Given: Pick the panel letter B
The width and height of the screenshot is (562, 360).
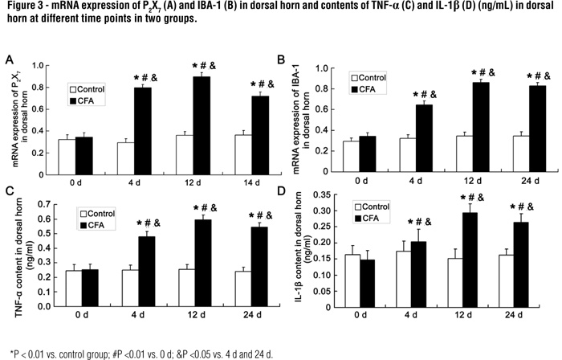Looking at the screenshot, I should tap(281, 60).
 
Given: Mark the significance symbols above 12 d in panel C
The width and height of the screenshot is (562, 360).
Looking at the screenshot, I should tap(187, 207).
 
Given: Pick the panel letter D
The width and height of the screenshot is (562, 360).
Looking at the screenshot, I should tap(280, 190).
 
